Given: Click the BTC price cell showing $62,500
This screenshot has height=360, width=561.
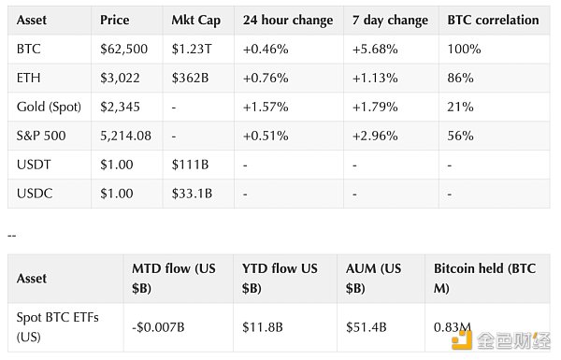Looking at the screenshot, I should coord(126,48).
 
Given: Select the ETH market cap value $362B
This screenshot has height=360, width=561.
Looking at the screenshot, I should coord(192,77).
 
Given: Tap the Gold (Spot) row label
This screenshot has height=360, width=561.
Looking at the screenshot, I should coord(48,106).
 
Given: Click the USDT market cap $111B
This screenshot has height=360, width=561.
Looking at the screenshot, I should coord(192,165).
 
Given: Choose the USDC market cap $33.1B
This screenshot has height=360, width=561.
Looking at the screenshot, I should coord(194,194).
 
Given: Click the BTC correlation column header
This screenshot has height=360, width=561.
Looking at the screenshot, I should coord(494,19).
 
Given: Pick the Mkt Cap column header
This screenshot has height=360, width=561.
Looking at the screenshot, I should coord(195,19).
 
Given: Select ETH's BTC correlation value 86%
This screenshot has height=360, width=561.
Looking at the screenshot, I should coord(458,77).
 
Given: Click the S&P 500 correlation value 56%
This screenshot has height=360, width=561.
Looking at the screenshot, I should coord(458,135).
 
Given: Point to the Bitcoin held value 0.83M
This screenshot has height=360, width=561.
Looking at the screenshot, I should coord(453,326).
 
